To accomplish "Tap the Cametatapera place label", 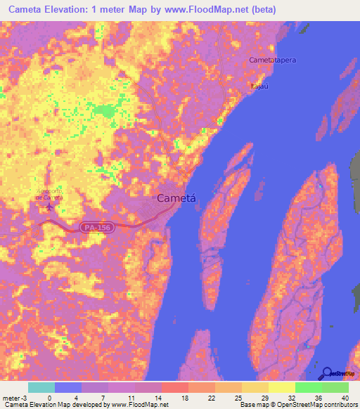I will click(273, 60).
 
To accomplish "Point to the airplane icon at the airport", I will click(49, 207).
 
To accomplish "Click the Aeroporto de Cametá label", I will click(49, 195).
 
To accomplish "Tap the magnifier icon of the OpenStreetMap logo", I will click(326, 374).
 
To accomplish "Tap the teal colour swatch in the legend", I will click(41, 387).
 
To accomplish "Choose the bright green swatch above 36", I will click(309, 387).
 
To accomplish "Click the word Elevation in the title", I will click(57, 10).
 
